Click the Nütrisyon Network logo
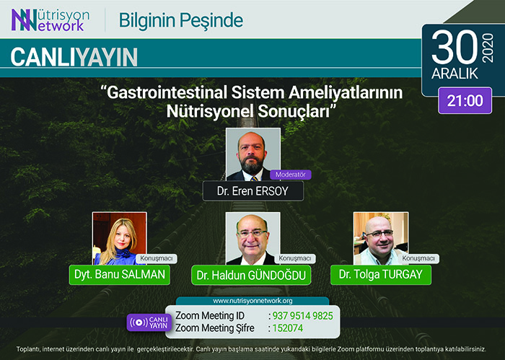coord(50,20)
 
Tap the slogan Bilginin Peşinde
coord(181,20)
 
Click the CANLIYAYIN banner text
coord(74,57)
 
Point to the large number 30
coord(454,48)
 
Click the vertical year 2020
coord(488,48)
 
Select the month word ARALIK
coord(454,74)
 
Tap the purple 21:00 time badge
coord(465,100)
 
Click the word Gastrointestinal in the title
coord(167,92)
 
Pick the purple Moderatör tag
coord(291,175)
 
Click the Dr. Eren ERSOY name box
coord(252,191)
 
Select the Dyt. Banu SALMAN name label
coord(120,275)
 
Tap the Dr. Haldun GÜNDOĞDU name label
coord(251,276)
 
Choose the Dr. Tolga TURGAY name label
coord(381,275)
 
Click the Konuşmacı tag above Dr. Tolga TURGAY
coord(418,258)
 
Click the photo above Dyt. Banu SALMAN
coord(120,238)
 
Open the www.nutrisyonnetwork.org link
coord(252,301)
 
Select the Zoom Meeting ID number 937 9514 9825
coord(303,316)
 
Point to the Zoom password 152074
coord(288,328)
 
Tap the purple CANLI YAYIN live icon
coord(149,322)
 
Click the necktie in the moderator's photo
coord(254,178)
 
